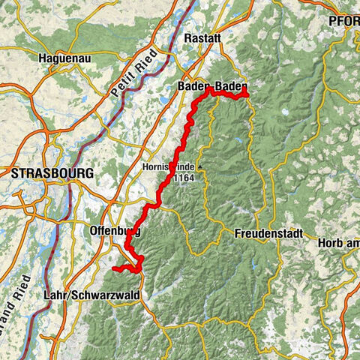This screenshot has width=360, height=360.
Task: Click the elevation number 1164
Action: click(x=184, y=178)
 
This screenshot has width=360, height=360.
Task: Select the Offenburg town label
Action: click(x=114, y=229)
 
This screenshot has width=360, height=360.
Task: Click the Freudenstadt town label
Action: click(x=268, y=232)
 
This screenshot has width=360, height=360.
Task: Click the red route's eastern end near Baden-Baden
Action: click(x=246, y=94)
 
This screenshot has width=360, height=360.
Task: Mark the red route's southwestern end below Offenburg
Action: click(x=113, y=268)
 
